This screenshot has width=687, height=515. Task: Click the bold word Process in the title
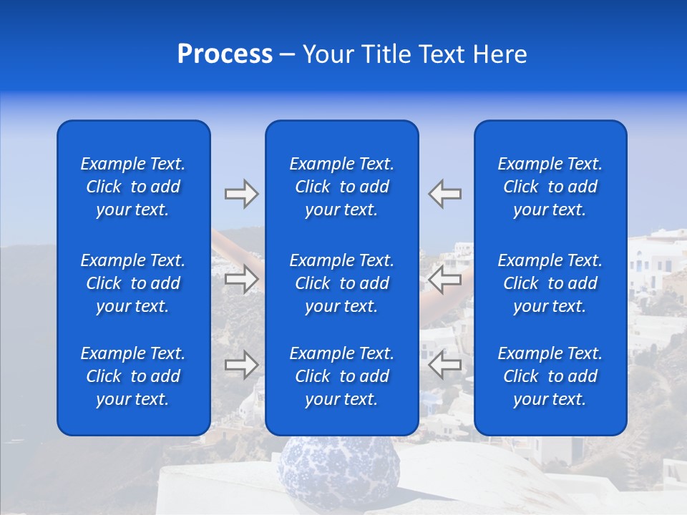point(225,54)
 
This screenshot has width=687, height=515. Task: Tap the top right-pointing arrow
point(241,194)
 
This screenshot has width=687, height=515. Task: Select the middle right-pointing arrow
point(241,279)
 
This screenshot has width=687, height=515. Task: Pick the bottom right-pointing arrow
point(241,365)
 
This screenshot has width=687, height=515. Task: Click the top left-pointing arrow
point(444,194)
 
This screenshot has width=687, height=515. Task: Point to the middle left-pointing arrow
point(444,279)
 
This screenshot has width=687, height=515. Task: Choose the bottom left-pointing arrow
point(444,365)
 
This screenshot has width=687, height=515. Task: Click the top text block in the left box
point(133,187)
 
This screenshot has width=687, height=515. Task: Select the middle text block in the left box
point(133,283)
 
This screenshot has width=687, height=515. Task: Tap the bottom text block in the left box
point(133,376)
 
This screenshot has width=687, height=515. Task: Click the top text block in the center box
point(341,187)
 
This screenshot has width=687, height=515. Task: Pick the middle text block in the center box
point(341,283)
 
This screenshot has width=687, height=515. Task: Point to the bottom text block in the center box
point(341,376)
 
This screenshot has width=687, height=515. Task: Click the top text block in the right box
point(550,187)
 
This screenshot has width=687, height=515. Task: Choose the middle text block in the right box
point(550,283)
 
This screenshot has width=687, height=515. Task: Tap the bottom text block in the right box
point(550,376)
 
